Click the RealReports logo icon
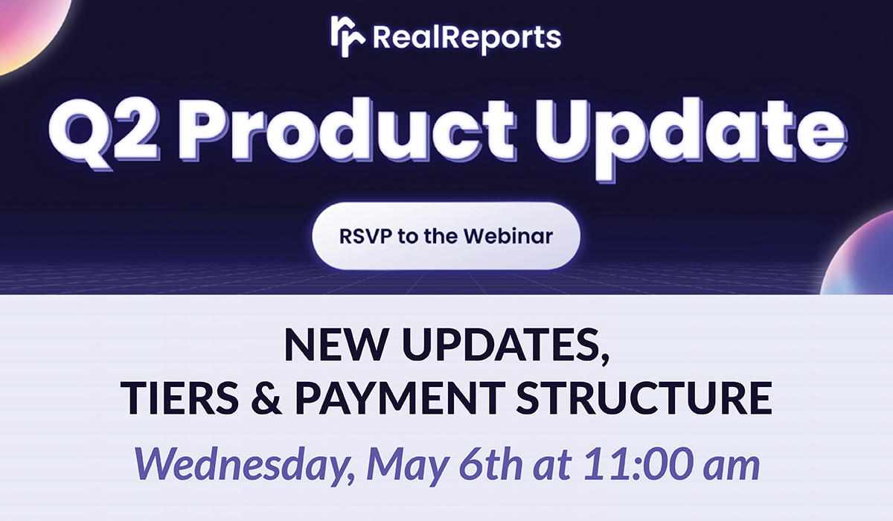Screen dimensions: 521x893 pos(348,34)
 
